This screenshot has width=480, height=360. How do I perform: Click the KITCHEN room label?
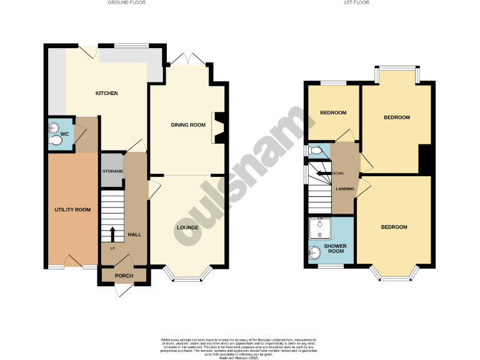click(106, 94)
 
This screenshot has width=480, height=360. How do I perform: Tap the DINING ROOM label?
click(188, 125)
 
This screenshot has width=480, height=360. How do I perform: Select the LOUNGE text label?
click(187, 227)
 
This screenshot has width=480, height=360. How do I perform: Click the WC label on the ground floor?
click(64, 133)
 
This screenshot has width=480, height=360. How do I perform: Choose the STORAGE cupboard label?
click(112, 171)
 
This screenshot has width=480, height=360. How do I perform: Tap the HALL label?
click(134, 234)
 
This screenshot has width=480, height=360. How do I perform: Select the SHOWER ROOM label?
click(334, 249)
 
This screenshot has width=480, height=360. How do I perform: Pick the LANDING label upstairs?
click(344, 189)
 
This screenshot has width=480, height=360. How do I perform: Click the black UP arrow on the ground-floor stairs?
click(112, 234)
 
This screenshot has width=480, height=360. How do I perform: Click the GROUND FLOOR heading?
click(126, 3)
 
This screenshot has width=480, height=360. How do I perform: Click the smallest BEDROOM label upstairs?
click(333, 113)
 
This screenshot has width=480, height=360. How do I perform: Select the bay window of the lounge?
click(188, 274)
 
